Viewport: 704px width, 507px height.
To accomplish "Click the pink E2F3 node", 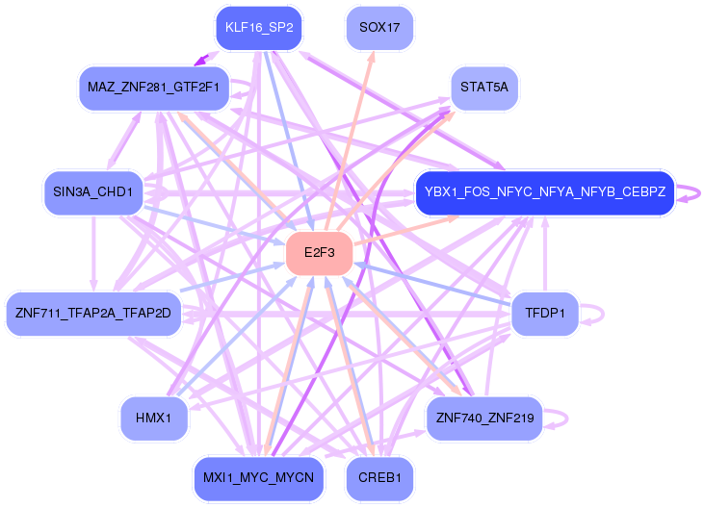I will coord(318,253).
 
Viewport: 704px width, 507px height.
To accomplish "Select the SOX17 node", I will coord(379,27).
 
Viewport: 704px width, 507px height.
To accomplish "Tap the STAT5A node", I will coord(484,88).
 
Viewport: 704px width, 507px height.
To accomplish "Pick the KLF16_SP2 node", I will coord(259,27).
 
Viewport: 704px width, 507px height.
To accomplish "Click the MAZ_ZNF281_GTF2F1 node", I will coord(153,88).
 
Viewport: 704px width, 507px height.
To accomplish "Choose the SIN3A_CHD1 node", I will coord(92,192).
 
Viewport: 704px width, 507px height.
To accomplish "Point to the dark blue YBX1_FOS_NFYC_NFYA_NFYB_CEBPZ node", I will coord(545,192).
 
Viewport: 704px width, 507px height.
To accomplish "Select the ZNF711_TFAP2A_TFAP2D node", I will coord(93,314).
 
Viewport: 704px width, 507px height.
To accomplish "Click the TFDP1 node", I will coord(545,314).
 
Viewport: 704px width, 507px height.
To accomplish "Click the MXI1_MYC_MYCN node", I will coord(259,478).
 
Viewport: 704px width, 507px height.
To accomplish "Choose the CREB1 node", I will coord(379,478).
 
